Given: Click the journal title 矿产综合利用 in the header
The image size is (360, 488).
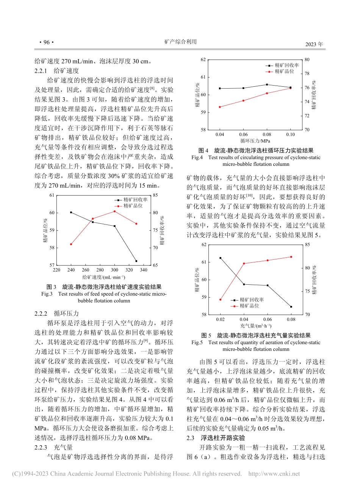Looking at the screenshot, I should click(181, 42).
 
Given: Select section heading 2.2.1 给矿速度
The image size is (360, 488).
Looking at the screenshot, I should click(56, 70).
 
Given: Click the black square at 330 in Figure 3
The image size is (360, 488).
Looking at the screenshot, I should click(136, 261).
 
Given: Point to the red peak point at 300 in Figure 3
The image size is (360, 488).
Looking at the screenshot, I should click(114, 211).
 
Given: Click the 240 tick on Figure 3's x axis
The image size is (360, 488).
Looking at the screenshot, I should click(71, 270).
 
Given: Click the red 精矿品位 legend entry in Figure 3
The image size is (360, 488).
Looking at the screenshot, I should click(132, 206).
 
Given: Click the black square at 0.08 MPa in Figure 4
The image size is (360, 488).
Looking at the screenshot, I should click(267, 84).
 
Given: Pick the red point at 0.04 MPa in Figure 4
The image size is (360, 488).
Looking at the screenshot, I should click(220, 107).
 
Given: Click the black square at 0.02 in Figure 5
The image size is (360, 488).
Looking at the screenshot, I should click(220, 258).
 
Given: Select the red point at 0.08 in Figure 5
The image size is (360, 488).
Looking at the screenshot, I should click(291, 257).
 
